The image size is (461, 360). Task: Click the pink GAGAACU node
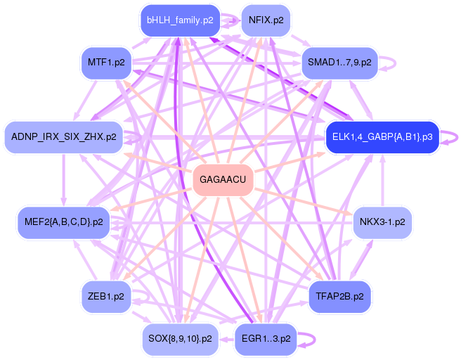click(223, 179)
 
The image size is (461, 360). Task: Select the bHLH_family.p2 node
click(180, 20)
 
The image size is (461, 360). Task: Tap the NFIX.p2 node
click(266, 20)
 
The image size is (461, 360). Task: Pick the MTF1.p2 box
click(106, 63)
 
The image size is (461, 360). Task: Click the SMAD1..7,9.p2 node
click(339, 63)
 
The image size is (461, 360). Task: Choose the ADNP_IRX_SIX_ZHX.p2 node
click(64, 137)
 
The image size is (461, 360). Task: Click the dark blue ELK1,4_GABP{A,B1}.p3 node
click(382, 137)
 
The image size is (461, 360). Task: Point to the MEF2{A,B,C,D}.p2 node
click(64, 222)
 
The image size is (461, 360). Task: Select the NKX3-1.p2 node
click(382, 222)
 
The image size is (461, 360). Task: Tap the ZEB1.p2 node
click(106, 297)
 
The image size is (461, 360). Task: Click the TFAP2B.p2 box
click(339, 297)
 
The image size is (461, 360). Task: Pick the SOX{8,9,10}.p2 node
click(180, 339)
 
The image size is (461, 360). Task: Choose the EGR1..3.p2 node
click(266, 339)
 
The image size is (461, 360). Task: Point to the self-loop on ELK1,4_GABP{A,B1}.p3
click(457, 137)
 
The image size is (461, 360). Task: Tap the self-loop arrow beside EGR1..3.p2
click(315, 340)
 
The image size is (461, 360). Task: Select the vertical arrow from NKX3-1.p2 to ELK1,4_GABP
click(382, 180)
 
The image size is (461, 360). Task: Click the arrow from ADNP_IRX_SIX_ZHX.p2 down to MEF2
click(64, 180)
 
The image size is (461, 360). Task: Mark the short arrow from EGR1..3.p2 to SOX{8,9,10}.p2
click(226, 340)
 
